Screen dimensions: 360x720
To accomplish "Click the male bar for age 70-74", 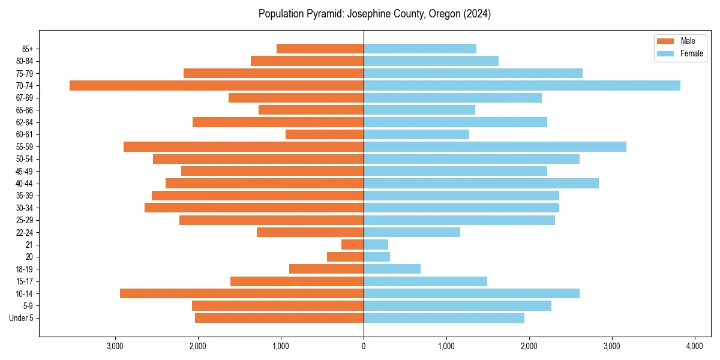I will [216, 85].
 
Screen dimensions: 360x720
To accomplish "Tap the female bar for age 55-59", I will [495, 146].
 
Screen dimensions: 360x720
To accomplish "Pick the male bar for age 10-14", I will [242, 293].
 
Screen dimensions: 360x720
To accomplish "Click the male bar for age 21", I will [353, 244].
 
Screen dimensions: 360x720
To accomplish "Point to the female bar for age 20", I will [377, 257].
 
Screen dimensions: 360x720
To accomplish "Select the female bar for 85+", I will [420, 49].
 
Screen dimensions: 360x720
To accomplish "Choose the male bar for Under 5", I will [279, 318].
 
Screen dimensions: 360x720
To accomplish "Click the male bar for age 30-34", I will [254, 208].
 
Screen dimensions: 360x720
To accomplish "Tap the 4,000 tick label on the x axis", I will [694, 346].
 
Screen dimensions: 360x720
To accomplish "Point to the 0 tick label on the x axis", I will [364, 346].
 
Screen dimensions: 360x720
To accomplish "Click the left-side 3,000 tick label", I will [115, 346].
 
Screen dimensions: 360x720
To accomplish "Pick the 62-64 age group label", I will [25, 122].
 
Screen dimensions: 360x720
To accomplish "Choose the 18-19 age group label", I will [25, 269].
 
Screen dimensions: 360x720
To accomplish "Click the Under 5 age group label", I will [22, 318].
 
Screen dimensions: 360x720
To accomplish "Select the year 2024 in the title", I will [479, 14].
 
